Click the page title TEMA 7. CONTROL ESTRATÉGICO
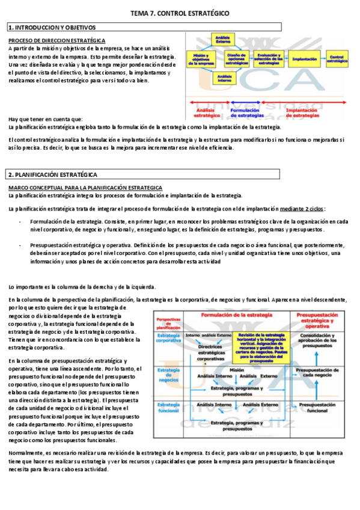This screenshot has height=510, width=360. [180, 13]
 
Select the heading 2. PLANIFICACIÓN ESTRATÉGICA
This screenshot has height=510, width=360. [52, 174]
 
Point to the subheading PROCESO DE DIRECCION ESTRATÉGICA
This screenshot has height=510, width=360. [57, 40]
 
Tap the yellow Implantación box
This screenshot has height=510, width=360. [304, 59]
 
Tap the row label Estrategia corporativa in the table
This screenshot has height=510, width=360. [169, 338]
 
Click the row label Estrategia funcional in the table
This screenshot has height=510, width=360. [168, 411]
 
